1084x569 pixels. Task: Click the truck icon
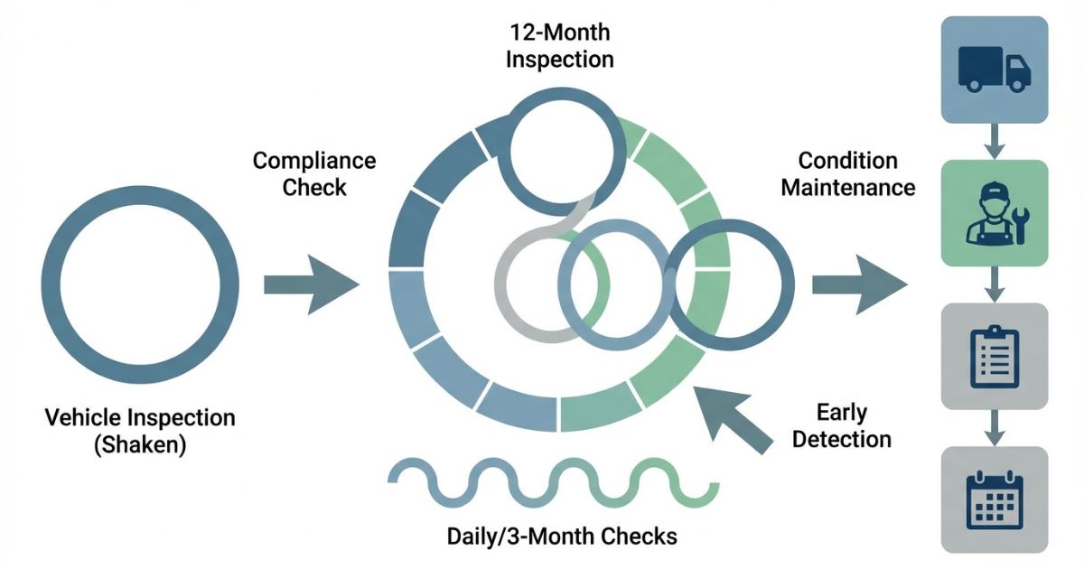tap(994, 70)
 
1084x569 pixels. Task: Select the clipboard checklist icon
tap(994, 355)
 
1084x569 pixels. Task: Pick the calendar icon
tap(994, 499)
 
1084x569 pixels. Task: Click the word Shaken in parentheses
tap(140, 445)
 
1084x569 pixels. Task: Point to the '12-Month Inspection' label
tap(560, 47)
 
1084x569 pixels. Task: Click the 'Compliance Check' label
tap(314, 174)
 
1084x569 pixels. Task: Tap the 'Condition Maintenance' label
tap(847, 174)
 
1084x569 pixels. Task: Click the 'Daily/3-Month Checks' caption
tap(562, 536)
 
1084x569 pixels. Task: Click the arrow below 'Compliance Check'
tap(309, 284)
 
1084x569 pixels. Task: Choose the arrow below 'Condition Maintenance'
tap(856, 284)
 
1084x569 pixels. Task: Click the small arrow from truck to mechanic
tap(995, 141)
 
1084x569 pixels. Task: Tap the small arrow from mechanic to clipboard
tap(995, 284)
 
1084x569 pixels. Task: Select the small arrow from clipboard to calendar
tap(995, 426)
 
